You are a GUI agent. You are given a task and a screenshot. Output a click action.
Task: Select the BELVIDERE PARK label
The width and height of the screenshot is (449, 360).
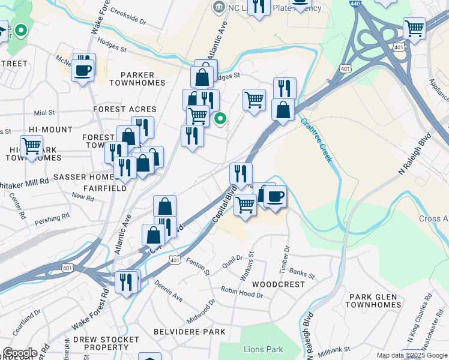189,331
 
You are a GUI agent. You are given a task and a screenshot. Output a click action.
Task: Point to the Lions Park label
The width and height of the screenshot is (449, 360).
263,349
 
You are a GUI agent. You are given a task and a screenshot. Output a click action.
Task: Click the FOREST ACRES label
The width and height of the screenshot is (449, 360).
125,109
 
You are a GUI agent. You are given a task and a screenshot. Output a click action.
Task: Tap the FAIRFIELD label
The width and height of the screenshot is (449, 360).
105,188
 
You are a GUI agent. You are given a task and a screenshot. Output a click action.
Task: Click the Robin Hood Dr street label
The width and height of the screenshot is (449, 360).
243,293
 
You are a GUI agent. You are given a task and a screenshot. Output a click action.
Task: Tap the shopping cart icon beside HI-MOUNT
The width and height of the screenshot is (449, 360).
31,146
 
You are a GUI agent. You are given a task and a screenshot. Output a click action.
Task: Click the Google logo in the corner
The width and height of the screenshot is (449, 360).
19,353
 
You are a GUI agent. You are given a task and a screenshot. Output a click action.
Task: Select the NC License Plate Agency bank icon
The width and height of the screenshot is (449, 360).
218,8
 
